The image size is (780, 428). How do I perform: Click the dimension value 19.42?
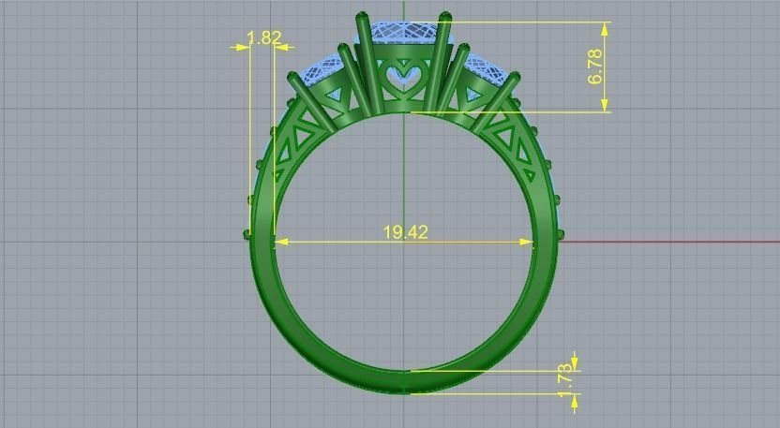click(405, 231)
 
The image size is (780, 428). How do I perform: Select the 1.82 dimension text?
click(263, 38)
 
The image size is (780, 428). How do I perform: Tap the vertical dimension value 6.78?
click(595, 66)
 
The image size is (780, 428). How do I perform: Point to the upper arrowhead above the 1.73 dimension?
click(574, 361)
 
